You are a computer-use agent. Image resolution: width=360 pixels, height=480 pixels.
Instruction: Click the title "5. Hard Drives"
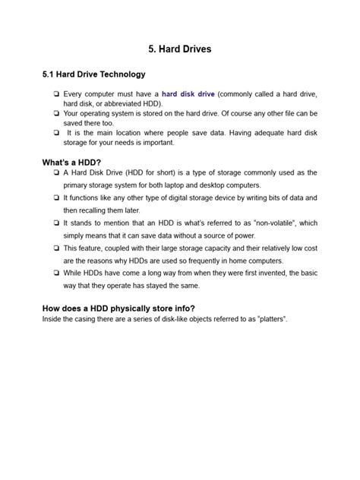click(180, 49)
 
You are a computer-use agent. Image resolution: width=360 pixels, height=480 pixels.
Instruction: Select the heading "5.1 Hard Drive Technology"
click(93, 75)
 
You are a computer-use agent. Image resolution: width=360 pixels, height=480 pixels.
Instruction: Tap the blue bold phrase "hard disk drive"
click(188, 94)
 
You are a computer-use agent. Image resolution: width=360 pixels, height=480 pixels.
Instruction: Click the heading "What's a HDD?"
click(72, 163)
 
